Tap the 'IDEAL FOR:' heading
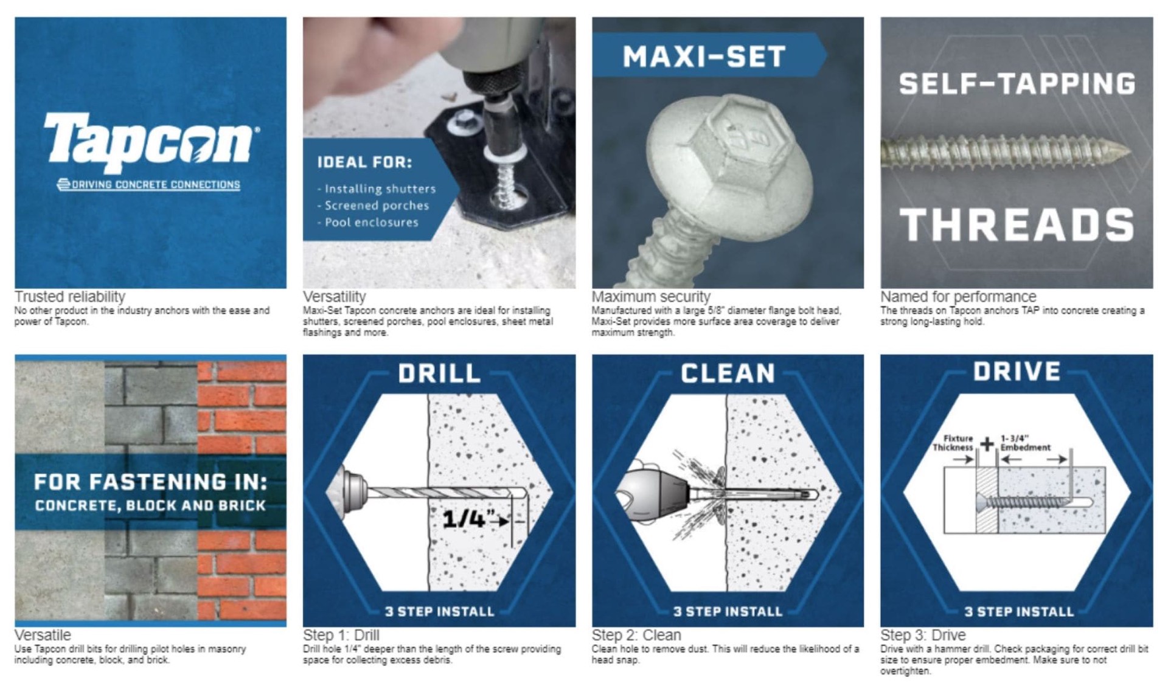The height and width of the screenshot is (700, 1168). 364,162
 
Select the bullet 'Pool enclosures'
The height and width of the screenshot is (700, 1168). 370,223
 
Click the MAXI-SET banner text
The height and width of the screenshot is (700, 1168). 704,57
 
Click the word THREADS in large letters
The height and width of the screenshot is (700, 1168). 1017,225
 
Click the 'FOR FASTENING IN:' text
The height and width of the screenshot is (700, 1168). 150,482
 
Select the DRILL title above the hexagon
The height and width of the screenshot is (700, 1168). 439,373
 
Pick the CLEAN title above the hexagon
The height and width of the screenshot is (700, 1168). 728,373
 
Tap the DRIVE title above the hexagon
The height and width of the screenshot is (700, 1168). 1017,372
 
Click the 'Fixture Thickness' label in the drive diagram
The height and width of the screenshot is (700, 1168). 954,443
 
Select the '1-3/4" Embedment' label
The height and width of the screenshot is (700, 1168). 1025,443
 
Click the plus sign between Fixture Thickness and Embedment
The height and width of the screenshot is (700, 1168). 987,444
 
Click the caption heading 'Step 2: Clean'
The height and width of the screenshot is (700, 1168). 636,635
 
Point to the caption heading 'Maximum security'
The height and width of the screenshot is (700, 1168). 650,297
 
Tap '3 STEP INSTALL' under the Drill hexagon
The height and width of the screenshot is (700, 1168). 439,611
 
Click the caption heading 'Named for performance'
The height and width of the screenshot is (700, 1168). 958,297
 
